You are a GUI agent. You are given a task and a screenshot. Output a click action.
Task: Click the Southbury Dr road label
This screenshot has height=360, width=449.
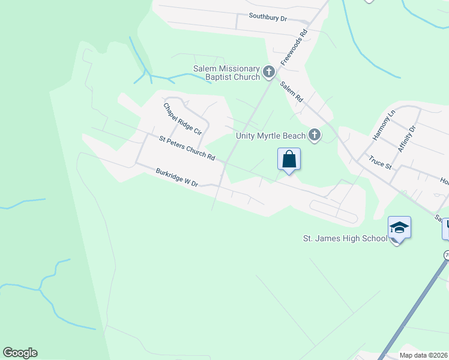coord(273,18)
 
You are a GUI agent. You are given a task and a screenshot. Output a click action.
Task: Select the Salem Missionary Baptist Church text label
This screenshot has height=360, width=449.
coord(226,73)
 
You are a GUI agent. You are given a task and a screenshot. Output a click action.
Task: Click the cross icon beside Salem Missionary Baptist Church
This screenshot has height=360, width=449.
coord(268,73)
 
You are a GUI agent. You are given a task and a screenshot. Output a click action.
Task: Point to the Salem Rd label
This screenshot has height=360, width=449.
coord(291,91)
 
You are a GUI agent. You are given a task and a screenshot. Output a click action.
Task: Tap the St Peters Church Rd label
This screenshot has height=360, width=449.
coord(187,148)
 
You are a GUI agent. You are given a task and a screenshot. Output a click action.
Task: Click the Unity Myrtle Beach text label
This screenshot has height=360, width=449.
coord(270,136)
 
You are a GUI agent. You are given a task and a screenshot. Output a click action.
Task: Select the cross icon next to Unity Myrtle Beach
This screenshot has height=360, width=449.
coord(314,136)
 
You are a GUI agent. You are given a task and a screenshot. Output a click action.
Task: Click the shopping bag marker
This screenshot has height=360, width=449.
coord(289,159)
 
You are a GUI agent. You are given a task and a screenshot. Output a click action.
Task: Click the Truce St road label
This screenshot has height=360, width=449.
coord(380,163)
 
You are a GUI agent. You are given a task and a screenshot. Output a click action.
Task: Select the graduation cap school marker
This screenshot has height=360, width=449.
coord(399,227)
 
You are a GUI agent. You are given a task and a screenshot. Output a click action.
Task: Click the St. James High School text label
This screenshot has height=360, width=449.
coord(345,239)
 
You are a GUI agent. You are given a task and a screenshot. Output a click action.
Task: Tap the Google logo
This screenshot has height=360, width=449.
coord(20,353)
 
